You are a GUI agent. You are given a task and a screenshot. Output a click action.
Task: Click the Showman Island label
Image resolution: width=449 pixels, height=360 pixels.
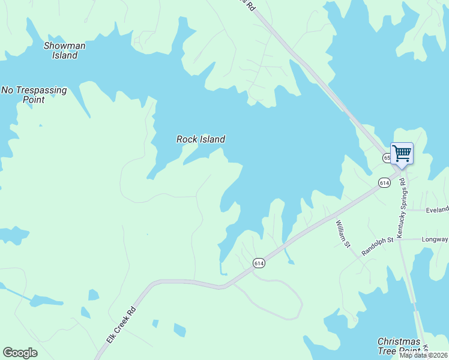click(x=65, y=50)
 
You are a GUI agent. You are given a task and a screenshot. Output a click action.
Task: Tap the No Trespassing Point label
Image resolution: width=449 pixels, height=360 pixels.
click(x=34, y=95)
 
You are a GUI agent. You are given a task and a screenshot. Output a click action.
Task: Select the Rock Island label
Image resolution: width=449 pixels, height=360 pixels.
click(x=200, y=139)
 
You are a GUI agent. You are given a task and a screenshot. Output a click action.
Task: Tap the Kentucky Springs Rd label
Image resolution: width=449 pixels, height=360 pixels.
click(x=402, y=205)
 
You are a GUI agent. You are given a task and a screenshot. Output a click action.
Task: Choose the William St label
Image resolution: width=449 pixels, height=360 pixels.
click(x=343, y=233)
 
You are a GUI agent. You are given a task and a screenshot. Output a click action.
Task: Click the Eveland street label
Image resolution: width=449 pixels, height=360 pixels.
click(x=437, y=210)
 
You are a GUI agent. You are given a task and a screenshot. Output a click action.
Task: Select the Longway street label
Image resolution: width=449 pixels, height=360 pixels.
click(x=435, y=239)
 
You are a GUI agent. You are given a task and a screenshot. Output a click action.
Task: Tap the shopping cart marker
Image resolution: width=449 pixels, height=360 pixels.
click(x=402, y=153)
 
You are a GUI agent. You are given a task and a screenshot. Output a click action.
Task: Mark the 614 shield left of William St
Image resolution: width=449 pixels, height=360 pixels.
click(x=259, y=263)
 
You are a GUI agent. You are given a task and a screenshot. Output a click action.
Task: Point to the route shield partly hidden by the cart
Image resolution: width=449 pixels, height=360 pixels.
click(x=387, y=158)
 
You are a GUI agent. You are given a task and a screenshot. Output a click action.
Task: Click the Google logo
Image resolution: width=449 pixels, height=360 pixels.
click(x=20, y=353)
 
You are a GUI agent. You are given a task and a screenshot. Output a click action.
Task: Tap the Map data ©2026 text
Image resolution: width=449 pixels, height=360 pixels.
click(x=424, y=355)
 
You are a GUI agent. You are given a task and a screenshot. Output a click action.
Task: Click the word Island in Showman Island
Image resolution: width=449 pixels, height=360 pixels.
click(x=65, y=56)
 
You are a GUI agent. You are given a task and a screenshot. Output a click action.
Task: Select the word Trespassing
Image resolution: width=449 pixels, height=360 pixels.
click(x=41, y=90)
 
